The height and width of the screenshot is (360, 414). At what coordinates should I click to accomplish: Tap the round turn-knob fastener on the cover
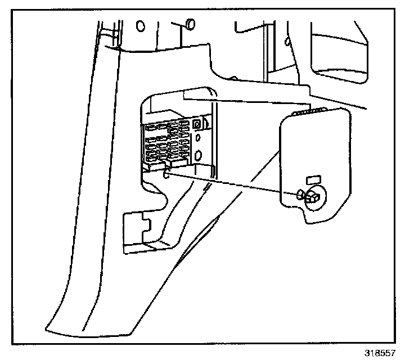click(x=312, y=197)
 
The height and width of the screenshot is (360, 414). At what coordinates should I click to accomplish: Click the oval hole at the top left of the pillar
click(x=140, y=26)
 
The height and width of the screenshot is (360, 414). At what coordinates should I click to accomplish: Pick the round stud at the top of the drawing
click(x=189, y=23)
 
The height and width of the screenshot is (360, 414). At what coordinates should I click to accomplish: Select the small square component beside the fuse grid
click(x=197, y=124)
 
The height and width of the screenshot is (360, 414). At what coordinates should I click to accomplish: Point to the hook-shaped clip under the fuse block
click(x=166, y=175)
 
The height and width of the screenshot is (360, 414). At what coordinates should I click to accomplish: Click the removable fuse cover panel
click(x=315, y=163)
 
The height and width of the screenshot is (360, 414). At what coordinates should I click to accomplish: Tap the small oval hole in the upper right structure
click(x=288, y=42)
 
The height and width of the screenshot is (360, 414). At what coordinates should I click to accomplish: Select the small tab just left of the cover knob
click(x=300, y=194)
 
